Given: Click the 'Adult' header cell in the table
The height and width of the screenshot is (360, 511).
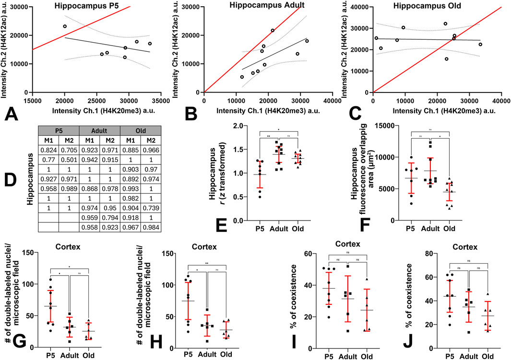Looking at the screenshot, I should click(x=102, y=130).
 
